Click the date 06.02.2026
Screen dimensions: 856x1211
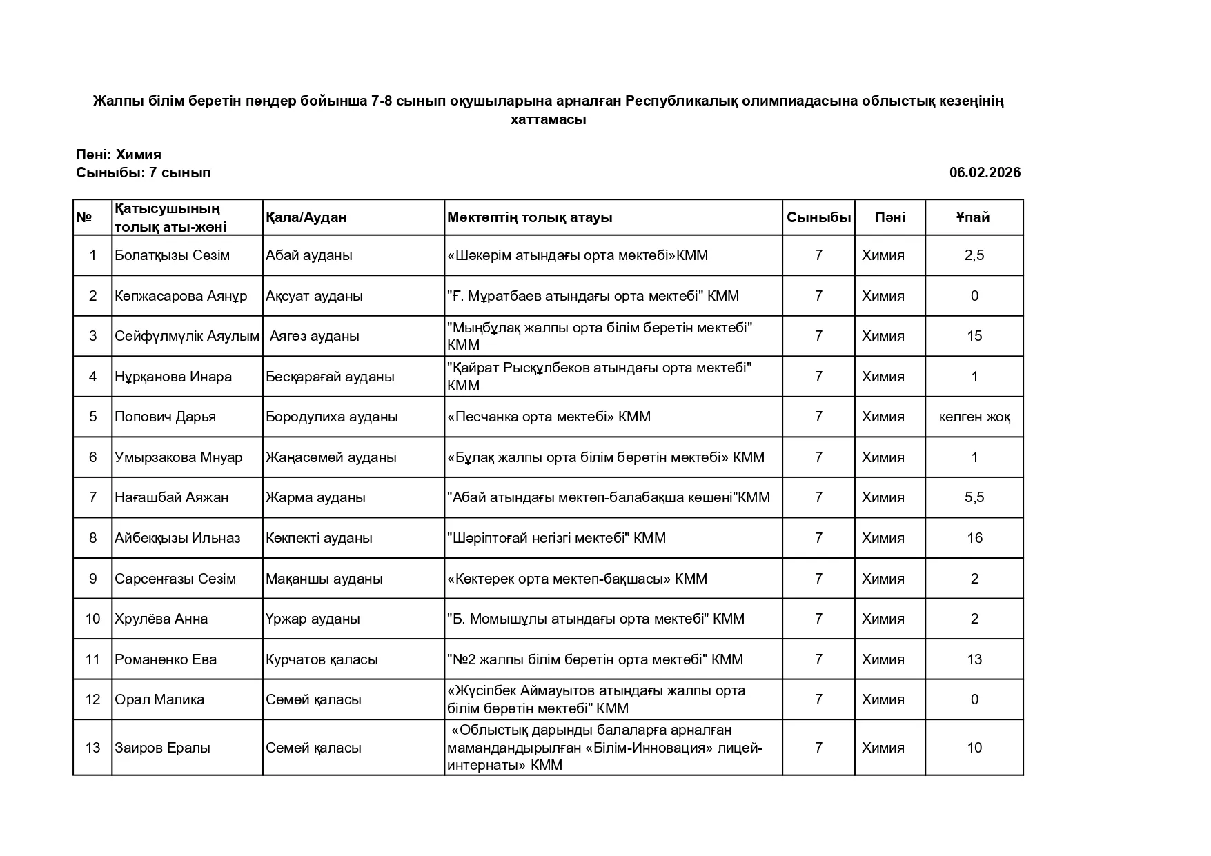pyautogui.click(x=984, y=172)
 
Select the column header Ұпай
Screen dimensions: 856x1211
pyautogui.click(x=973, y=217)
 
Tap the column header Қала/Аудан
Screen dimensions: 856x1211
pyautogui.click(x=306, y=217)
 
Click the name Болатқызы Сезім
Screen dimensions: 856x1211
pyautogui.click(x=172, y=255)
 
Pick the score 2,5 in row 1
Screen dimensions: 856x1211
pyautogui.click(x=974, y=255)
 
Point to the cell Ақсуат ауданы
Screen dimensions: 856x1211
pyautogui.click(x=314, y=296)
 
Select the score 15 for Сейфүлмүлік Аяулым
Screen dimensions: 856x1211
pyautogui.click(x=974, y=336)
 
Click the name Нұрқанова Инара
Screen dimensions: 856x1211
pyautogui.click(x=173, y=377)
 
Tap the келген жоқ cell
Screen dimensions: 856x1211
pyautogui.click(x=974, y=417)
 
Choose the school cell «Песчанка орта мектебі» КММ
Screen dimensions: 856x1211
pyautogui.click(x=549, y=417)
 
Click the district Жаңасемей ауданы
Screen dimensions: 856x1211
pyautogui.click(x=331, y=457)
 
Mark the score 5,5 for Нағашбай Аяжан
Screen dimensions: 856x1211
pyautogui.click(x=974, y=497)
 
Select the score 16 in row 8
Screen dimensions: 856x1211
pyautogui.click(x=974, y=538)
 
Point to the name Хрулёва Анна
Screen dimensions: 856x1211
pyautogui.click(x=161, y=619)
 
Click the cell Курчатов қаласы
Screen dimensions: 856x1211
pyautogui.click(x=322, y=659)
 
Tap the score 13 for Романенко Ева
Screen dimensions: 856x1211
pyautogui.click(x=974, y=659)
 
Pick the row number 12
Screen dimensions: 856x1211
pyautogui.click(x=92, y=699)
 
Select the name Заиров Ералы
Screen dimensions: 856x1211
pyautogui.click(x=162, y=748)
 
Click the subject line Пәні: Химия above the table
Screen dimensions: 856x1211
pyautogui.click(x=119, y=155)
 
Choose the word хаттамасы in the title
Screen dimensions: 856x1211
pyautogui.click(x=548, y=119)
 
